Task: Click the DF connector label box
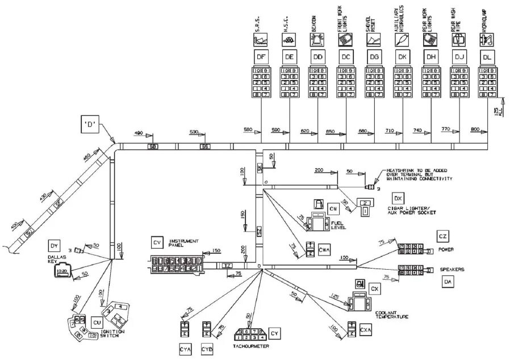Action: tap(261, 56)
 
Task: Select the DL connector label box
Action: tap(487, 56)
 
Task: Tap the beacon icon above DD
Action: tap(317, 39)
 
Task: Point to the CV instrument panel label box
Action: tap(158, 242)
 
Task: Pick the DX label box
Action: tap(398, 198)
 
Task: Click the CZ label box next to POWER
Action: tap(443, 236)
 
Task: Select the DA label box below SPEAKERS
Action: tap(448, 281)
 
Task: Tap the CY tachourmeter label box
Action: tap(274, 333)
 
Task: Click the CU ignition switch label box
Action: tap(97, 322)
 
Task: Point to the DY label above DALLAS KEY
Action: tap(54, 245)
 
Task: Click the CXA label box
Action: tap(366, 329)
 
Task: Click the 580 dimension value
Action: tap(248, 129)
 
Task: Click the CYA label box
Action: tap(185, 350)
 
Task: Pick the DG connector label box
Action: tap(374, 56)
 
